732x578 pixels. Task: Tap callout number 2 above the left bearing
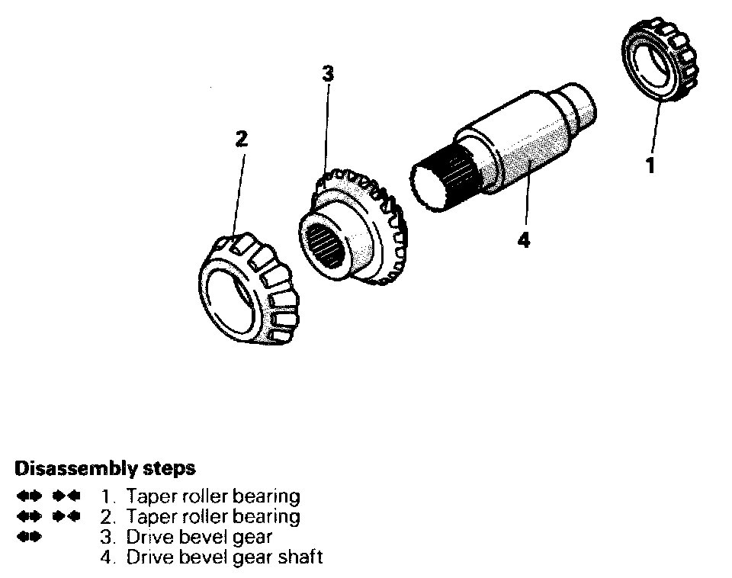241,139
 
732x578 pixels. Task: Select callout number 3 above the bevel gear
327,75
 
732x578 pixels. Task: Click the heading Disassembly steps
105,467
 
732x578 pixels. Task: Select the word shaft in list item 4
298,557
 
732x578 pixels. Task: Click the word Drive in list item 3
148,537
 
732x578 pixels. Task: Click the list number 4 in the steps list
105,557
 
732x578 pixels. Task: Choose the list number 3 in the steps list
105,537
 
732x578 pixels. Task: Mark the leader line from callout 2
237,191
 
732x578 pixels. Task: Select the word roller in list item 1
205,496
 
